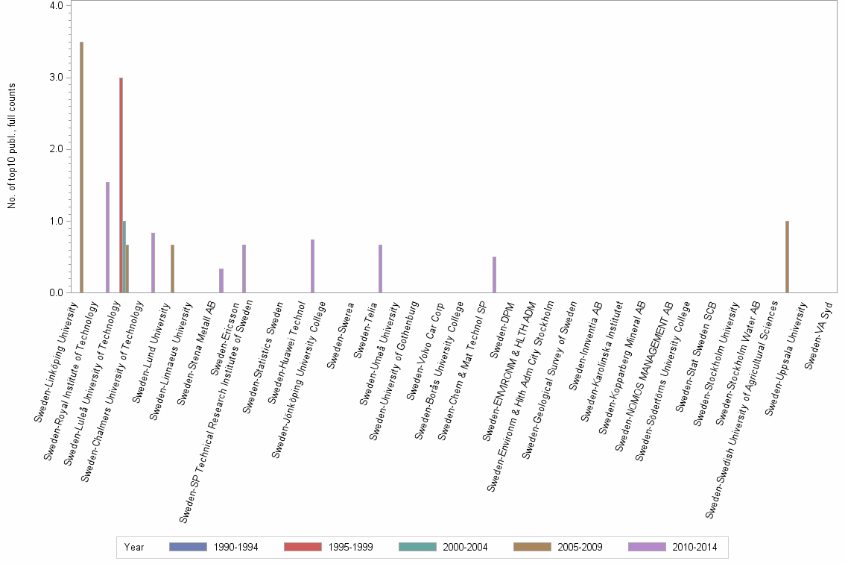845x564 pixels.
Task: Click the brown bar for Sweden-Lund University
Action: (172, 269)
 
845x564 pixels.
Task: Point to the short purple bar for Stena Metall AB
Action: (221, 281)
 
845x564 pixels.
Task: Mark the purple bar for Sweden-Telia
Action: (381, 269)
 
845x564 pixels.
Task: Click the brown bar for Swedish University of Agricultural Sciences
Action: (787, 257)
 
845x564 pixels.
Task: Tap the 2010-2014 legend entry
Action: (673, 547)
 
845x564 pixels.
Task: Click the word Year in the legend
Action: (134, 547)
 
